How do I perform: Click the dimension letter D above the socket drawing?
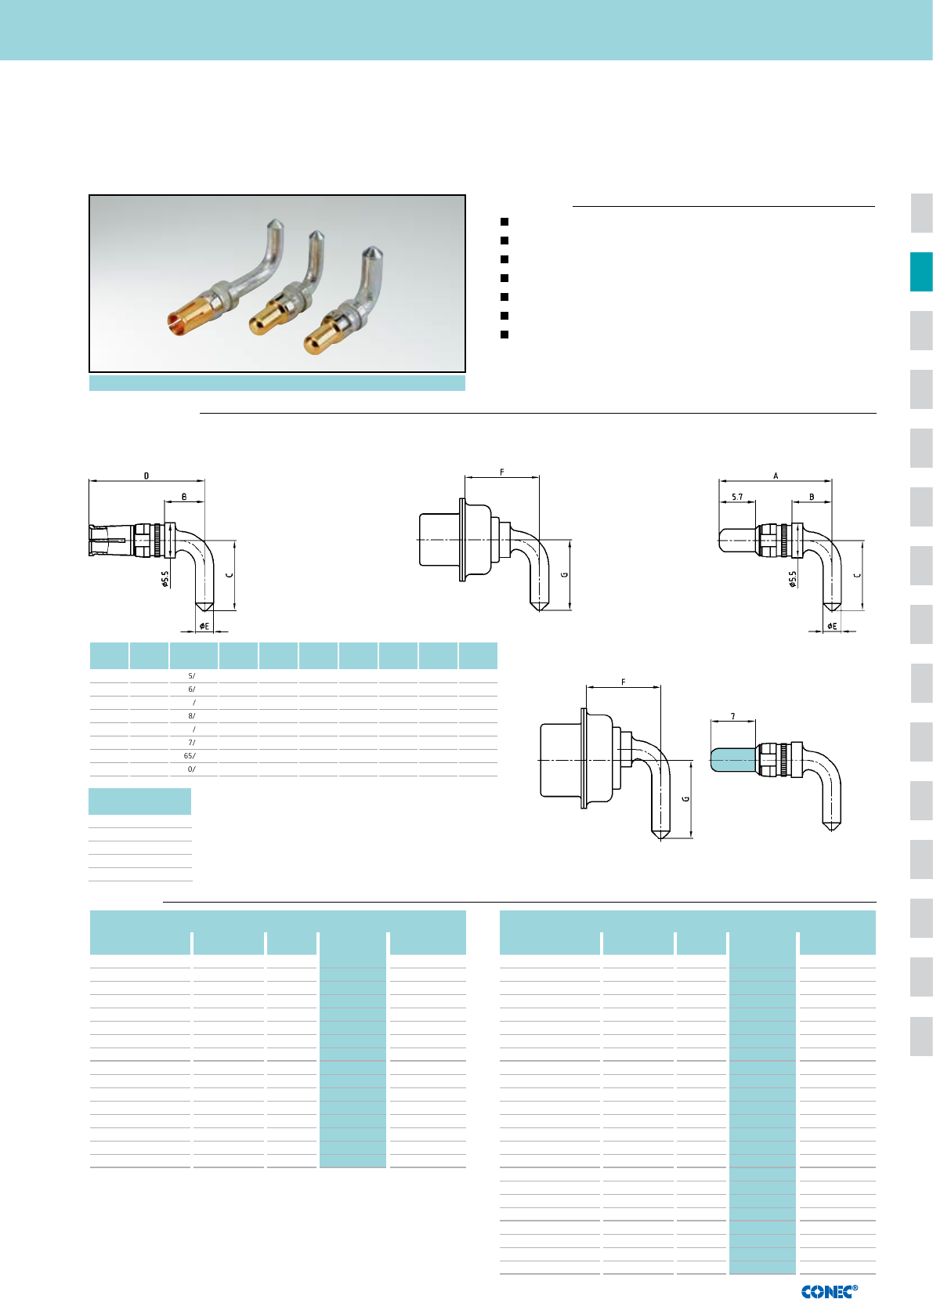pos(146,476)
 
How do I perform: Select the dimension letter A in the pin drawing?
pos(776,476)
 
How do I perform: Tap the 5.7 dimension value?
pos(737,497)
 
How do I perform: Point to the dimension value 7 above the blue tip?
pos(733,716)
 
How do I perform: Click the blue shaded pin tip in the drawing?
pos(733,760)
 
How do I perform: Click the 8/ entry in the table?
pos(192,715)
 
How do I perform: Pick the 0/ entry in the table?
pos(192,769)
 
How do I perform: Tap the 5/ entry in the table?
pos(192,675)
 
